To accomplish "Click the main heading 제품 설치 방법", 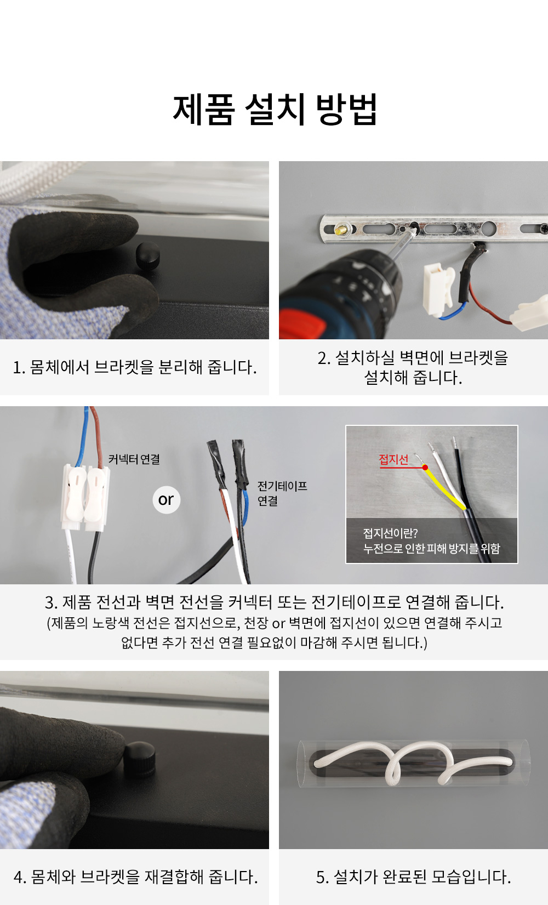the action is coord(275,109).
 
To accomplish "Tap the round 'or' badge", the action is coord(167,500).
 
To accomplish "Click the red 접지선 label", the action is coord(393,459).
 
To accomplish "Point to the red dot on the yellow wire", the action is coord(425,468).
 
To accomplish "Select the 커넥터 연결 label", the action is coord(134,459).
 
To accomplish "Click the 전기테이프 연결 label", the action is coord(282,493).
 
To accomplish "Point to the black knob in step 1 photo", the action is coord(148,255).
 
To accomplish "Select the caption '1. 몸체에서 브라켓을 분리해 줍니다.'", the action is coord(135,367).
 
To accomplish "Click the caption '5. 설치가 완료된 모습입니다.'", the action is coord(413,877).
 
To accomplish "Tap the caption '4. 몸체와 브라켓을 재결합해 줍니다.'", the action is coord(136,877).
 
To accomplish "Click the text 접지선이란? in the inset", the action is coord(390,533).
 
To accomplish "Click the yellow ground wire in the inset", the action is coord(444,487).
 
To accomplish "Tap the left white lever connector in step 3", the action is coord(74,497).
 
